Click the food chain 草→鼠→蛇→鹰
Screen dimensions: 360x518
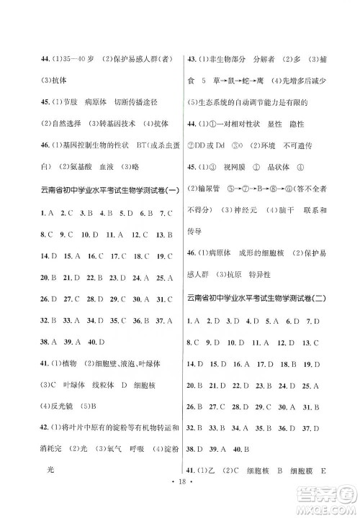point(251,81)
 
